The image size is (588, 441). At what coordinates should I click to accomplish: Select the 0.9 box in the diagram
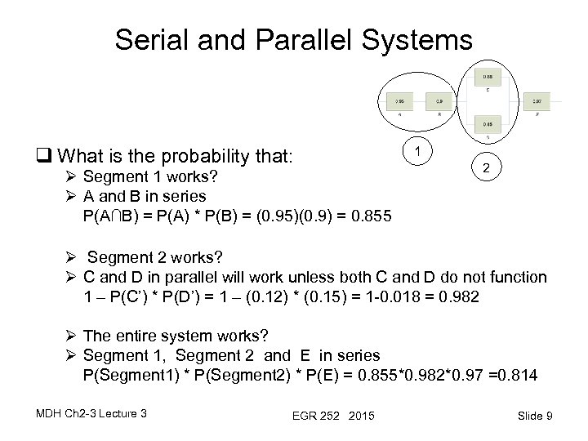[x=440, y=101]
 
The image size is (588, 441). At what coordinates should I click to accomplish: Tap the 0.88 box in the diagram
[x=488, y=76]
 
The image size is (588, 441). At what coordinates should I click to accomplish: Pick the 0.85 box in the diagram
[x=488, y=124]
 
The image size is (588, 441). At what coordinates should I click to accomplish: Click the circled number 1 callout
[x=418, y=150]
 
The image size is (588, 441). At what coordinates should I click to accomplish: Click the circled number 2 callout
[x=485, y=168]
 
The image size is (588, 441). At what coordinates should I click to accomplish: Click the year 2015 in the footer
[x=359, y=417]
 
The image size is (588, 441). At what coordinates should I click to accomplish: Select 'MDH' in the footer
[x=48, y=413]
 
